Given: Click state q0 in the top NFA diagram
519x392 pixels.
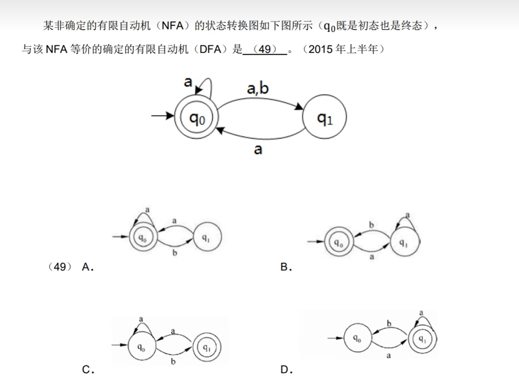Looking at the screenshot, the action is (197, 117).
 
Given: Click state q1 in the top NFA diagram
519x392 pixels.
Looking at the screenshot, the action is (324, 117).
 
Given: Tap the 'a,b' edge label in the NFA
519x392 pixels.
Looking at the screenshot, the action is (258, 88).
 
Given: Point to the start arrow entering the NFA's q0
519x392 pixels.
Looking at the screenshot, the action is (162, 115).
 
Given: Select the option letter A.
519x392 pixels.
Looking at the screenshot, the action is (87, 267).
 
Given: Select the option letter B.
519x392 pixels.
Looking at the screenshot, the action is (286, 267).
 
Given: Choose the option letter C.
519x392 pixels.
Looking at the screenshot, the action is (87, 370).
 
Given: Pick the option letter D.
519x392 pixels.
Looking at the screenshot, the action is (286, 370).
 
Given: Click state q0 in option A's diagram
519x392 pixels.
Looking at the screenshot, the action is (143, 237).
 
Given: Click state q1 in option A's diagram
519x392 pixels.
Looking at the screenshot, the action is (207, 237).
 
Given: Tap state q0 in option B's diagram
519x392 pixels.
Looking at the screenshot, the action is (339, 242).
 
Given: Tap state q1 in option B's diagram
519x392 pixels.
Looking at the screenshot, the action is (404, 242).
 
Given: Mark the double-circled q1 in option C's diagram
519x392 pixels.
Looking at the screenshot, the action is (207, 347).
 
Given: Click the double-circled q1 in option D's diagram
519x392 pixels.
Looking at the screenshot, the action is (423, 339).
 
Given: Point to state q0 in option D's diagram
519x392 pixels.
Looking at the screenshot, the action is (358, 338).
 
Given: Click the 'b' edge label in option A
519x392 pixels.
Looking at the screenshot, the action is (175, 253).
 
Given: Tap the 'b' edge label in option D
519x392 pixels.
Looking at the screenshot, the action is (389, 324).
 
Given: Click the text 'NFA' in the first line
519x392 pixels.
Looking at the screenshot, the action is (172, 26).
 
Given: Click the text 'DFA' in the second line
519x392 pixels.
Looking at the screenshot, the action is (210, 49).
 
